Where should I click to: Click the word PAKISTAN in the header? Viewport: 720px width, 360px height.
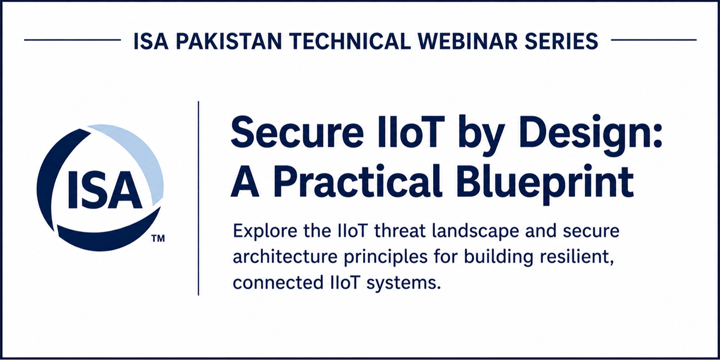[x=229, y=41]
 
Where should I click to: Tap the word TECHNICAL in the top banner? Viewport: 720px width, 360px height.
[x=350, y=41]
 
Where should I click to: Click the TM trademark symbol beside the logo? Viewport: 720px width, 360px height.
[x=158, y=239]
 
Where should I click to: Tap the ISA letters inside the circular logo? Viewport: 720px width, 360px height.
[x=104, y=190]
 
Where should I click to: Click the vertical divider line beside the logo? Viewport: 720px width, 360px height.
[x=199, y=198]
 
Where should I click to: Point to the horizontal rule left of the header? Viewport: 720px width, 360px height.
[x=73, y=40]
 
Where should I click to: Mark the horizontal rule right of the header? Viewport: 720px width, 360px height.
[x=653, y=40]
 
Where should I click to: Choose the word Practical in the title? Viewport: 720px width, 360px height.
[x=357, y=182]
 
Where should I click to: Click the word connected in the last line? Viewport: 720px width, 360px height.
[x=278, y=283]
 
